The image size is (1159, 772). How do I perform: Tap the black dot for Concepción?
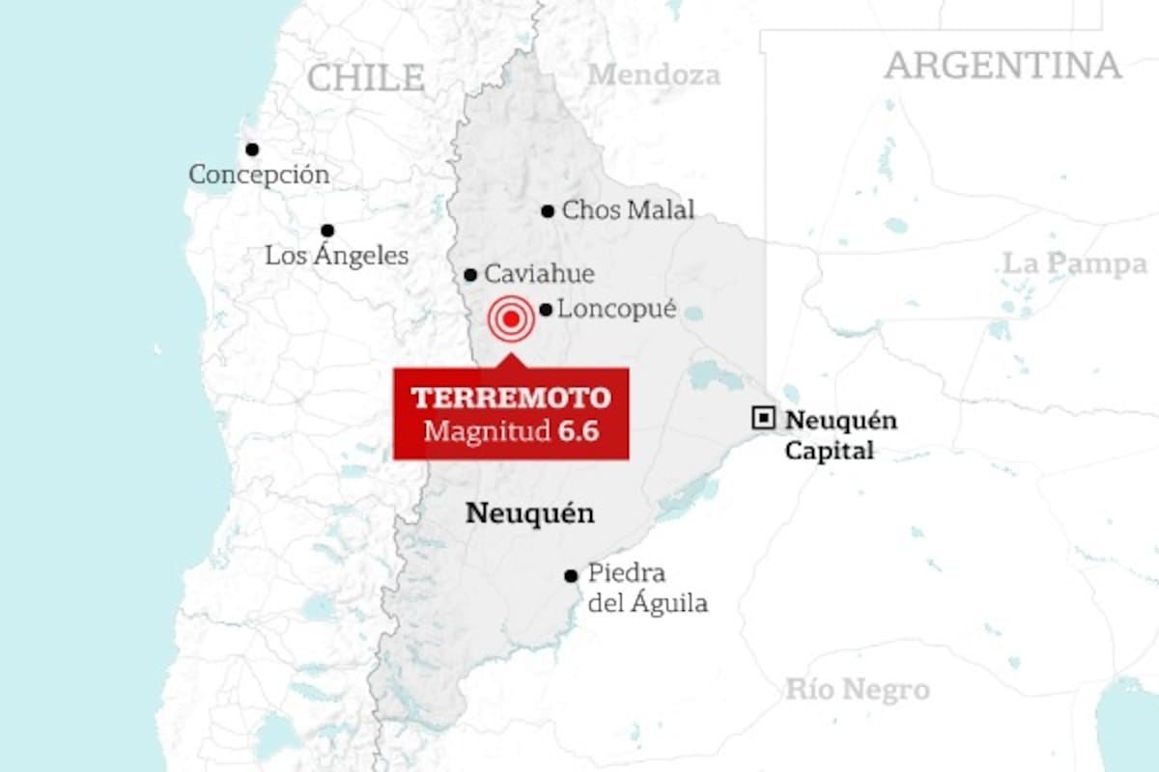pyautogui.click(x=252, y=150)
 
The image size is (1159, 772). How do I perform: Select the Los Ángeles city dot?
pyautogui.click(x=327, y=231)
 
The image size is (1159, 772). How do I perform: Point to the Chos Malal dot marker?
pyautogui.click(x=548, y=211)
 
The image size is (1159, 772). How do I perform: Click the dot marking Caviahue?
pyautogui.click(x=470, y=275)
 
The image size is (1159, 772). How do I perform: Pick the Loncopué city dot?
pyautogui.click(x=546, y=310)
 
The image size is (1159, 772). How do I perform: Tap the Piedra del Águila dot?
pyautogui.click(x=571, y=576)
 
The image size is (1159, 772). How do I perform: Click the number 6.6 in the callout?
pyautogui.click(x=578, y=430)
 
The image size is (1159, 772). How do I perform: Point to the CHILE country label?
pyautogui.click(x=366, y=77)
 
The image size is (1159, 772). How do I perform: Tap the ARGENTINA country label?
pyautogui.click(x=1003, y=66)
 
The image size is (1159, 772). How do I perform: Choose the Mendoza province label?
pyautogui.click(x=655, y=74)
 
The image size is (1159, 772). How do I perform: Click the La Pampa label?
pyautogui.click(x=1074, y=263)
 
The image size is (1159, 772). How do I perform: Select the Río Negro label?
pyautogui.click(x=857, y=690)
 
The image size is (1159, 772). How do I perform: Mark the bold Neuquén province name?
pyautogui.click(x=529, y=513)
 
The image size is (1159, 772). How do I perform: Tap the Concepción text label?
pyautogui.click(x=259, y=176)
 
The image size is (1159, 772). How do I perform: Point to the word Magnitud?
pyautogui.click(x=487, y=430)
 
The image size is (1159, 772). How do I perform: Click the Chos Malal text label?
pyautogui.click(x=628, y=210)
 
